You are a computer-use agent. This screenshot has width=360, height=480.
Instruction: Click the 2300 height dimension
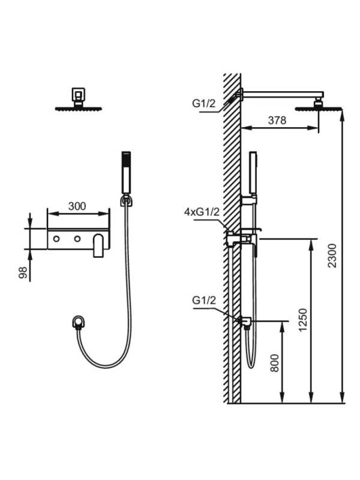[332, 256]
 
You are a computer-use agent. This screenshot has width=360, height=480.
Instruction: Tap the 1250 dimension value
[303, 320]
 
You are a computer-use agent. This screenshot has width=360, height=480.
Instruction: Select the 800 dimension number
[275, 363]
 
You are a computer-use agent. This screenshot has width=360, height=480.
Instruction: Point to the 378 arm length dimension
[277, 121]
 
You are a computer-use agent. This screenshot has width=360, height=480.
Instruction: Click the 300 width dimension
[77, 206]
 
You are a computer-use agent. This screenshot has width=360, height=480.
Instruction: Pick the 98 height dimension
[23, 272]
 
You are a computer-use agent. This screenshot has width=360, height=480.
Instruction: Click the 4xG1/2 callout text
[202, 212]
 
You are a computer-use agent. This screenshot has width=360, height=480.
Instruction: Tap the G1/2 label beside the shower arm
[204, 103]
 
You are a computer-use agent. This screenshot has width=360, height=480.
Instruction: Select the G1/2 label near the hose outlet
[204, 301]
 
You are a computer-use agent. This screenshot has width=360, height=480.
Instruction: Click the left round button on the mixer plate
[56, 239]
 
